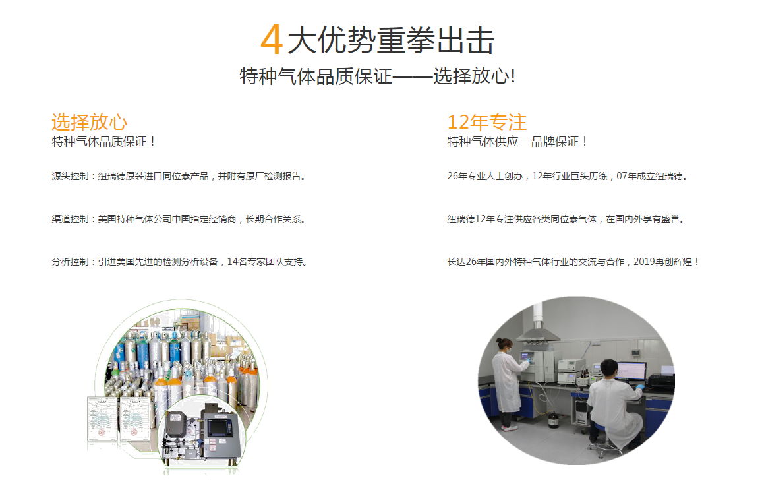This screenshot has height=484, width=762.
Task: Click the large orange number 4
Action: pyautogui.click(x=272, y=40)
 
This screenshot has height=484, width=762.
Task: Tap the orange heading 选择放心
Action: pyautogui.click(x=90, y=122)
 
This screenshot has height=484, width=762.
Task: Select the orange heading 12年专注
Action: pyautogui.click(x=487, y=122)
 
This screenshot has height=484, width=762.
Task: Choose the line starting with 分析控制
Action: pyautogui.click(x=181, y=262)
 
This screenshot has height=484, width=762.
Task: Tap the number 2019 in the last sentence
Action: pyautogui.click(x=644, y=262)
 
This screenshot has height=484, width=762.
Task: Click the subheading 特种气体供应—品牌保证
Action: pyautogui.click(x=517, y=142)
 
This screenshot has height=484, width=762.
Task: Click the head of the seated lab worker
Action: pyautogui.click(x=608, y=369)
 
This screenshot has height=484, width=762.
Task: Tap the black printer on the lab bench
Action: pyautogui.click(x=661, y=383)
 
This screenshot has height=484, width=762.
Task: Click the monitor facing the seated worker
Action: pyautogui.click(x=630, y=372)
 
